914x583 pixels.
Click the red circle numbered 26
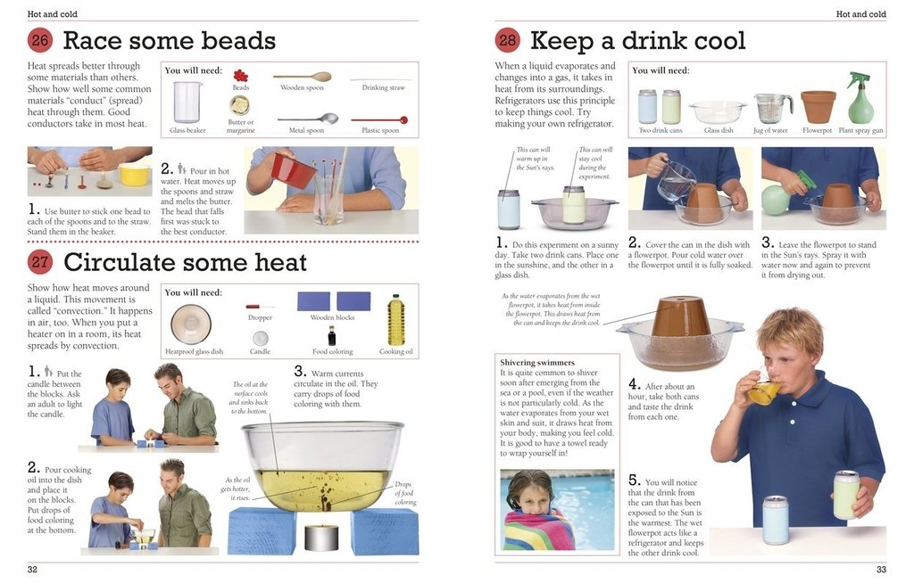(40, 40)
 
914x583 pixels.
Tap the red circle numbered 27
(40, 262)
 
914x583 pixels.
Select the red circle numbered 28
(508, 40)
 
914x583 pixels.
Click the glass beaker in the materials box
(187, 102)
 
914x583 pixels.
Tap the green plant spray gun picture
(860, 99)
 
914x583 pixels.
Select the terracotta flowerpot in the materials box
(818, 106)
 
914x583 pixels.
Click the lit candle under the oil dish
(320, 536)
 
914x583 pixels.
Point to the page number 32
(32, 570)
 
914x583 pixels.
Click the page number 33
(881, 570)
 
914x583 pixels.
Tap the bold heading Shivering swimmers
(536, 363)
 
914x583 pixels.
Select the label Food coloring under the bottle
(332, 352)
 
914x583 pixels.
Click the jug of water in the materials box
(772, 108)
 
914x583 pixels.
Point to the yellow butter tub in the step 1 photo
(135, 174)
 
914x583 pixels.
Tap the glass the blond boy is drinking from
(762, 392)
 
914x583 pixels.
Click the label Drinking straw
(383, 87)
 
